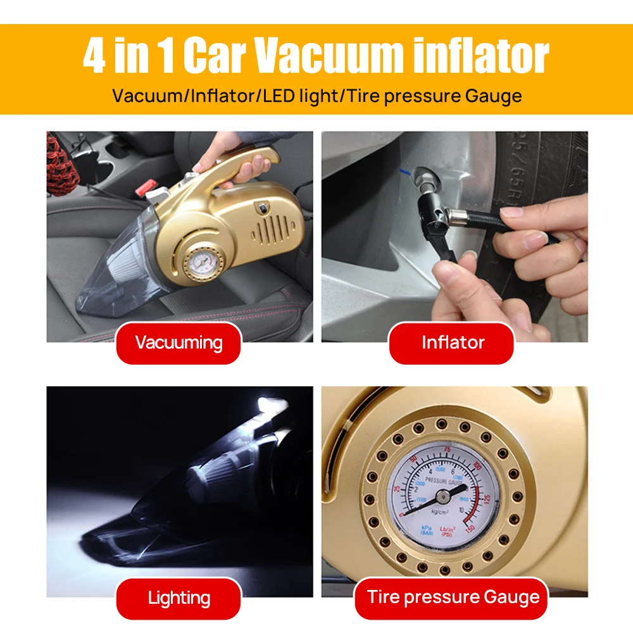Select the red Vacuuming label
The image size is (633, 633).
(x=179, y=343)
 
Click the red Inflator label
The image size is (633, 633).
(x=453, y=343)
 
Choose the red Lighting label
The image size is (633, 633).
(x=179, y=598)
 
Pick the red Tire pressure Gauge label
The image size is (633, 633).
(x=453, y=597)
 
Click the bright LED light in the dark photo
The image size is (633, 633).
(x=270, y=404)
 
